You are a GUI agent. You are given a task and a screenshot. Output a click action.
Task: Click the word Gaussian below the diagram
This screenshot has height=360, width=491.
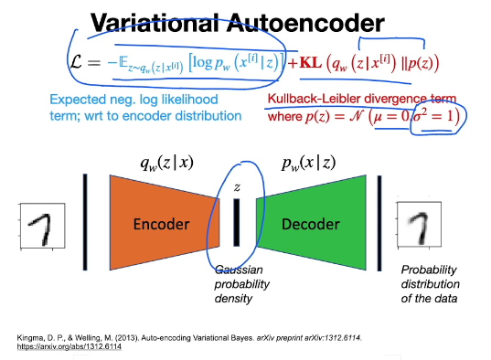pyautogui.click(x=238, y=271)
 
